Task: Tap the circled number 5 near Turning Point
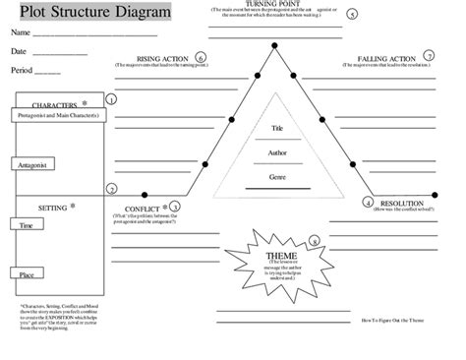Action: click(x=352, y=16)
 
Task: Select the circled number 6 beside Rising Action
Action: click(x=202, y=58)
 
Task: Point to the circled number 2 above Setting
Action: click(x=111, y=189)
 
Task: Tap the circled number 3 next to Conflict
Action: click(x=175, y=207)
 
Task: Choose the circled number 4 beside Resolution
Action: click(x=368, y=202)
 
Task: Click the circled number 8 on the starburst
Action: click(x=314, y=240)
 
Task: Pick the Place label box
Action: click(x=27, y=274)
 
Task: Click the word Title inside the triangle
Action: click(x=277, y=128)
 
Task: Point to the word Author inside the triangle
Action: click(x=277, y=152)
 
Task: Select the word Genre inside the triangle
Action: click(x=277, y=176)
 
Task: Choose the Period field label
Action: click(x=23, y=71)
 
